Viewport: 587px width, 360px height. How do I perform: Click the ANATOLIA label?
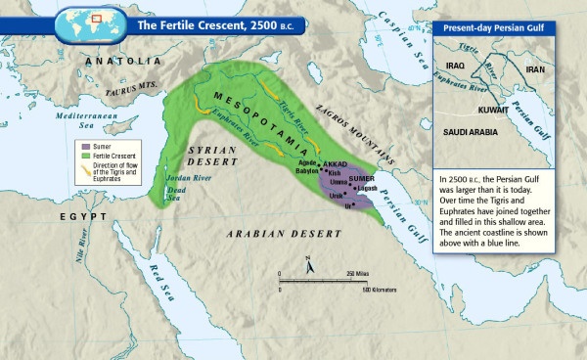coord(124,61)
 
